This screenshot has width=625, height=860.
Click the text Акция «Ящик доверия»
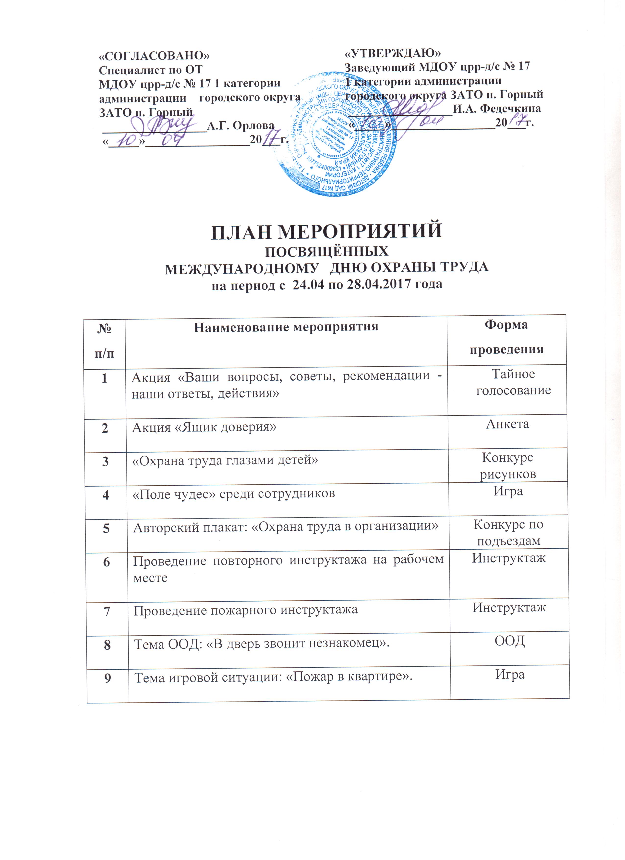point(204,427)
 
